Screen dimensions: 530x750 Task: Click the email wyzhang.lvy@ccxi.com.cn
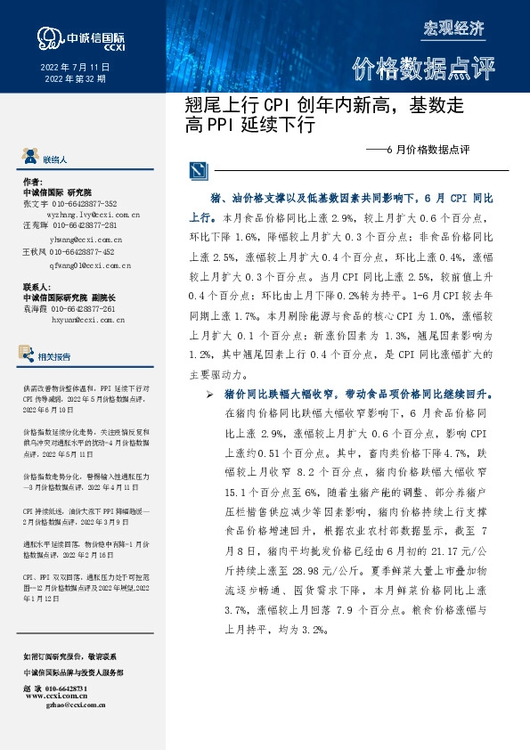[93, 215]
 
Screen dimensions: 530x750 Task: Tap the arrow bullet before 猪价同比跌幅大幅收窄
[209, 394]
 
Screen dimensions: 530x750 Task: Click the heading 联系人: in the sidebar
[36, 288]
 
